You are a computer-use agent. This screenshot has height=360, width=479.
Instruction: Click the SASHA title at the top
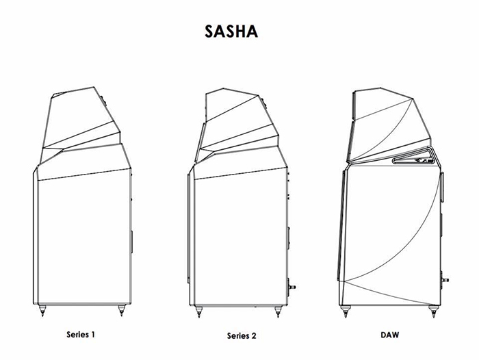point(231,31)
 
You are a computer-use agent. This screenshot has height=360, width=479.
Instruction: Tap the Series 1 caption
point(81,334)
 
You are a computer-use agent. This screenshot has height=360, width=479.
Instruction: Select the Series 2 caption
point(242,335)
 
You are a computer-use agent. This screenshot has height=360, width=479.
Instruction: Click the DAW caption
point(390,335)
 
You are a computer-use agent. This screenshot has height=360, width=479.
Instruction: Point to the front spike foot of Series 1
point(42,310)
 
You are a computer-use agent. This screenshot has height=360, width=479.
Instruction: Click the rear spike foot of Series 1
point(121,310)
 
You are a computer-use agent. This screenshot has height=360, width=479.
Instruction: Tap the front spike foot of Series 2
point(199,311)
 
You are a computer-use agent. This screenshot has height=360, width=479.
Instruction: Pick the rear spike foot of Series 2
point(278,311)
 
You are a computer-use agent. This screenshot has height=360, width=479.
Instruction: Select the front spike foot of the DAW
point(346,311)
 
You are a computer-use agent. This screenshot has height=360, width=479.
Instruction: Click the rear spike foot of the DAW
point(433,311)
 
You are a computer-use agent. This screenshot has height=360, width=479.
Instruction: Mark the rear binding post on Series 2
point(292,287)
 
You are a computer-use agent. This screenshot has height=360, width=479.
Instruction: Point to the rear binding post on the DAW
point(445,280)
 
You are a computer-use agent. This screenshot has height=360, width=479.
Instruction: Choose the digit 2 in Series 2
point(254,335)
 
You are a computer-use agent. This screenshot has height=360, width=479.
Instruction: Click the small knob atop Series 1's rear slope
point(103,101)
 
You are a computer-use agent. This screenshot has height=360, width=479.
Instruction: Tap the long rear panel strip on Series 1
point(131,242)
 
